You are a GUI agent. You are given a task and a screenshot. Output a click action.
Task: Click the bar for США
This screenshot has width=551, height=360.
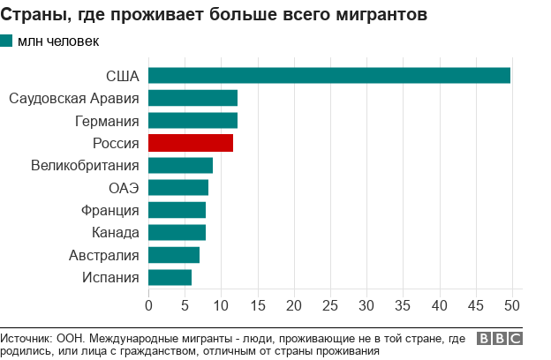[x=329, y=76]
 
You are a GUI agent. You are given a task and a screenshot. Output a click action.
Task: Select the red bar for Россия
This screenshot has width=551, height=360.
[x=191, y=143]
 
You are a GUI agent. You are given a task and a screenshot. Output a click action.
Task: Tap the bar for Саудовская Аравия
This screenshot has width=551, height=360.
[x=192, y=98]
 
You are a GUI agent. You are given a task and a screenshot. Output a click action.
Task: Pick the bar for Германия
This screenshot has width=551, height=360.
[x=192, y=121]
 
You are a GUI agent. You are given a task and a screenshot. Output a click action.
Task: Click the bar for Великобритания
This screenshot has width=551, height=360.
[x=180, y=165]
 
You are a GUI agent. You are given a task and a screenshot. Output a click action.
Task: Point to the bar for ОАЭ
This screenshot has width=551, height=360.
[x=178, y=188]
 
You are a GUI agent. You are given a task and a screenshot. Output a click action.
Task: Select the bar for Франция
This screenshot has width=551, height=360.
[x=177, y=210]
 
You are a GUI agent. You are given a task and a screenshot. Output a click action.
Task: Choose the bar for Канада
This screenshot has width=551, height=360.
[x=177, y=232]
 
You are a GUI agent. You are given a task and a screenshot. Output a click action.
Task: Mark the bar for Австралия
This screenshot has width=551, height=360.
[x=174, y=255]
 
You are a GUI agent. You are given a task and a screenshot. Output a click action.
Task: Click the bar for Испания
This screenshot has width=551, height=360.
[x=170, y=277]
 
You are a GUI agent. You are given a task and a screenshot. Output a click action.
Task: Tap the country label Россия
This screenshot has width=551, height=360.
[x=116, y=143]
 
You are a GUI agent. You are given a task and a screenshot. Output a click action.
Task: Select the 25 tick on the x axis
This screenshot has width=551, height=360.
[x=330, y=305]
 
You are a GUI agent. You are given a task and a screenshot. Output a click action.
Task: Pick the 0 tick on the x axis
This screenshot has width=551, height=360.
[x=148, y=305]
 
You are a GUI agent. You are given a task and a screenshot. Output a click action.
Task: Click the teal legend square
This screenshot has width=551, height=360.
[x=7, y=41]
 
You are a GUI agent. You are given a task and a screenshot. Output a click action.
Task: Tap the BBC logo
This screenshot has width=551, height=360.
[x=499, y=339]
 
